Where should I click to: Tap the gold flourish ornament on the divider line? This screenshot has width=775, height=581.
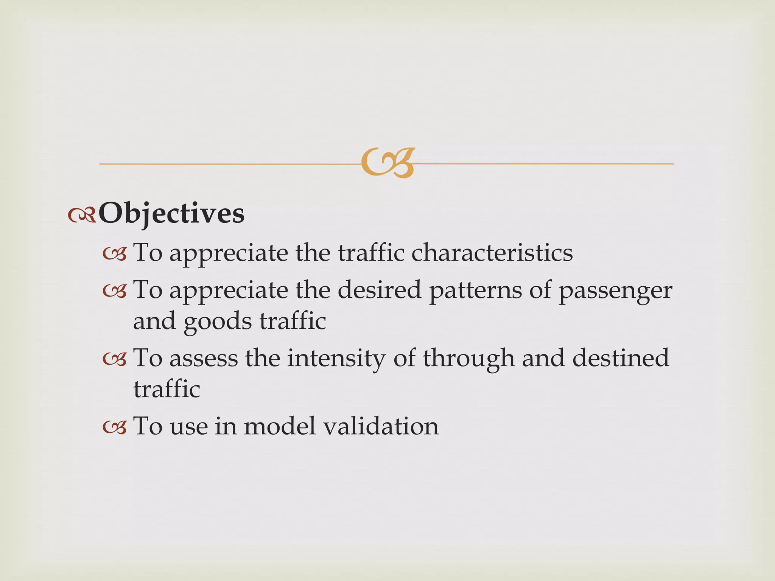pos(388,163)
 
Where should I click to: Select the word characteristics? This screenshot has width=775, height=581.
pos(492,253)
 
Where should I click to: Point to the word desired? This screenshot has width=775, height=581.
pos(379,290)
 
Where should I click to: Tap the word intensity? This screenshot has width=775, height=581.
pos(336,359)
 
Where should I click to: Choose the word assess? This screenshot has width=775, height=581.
pos(204,359)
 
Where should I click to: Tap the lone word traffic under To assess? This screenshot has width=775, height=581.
pos(167,389)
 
